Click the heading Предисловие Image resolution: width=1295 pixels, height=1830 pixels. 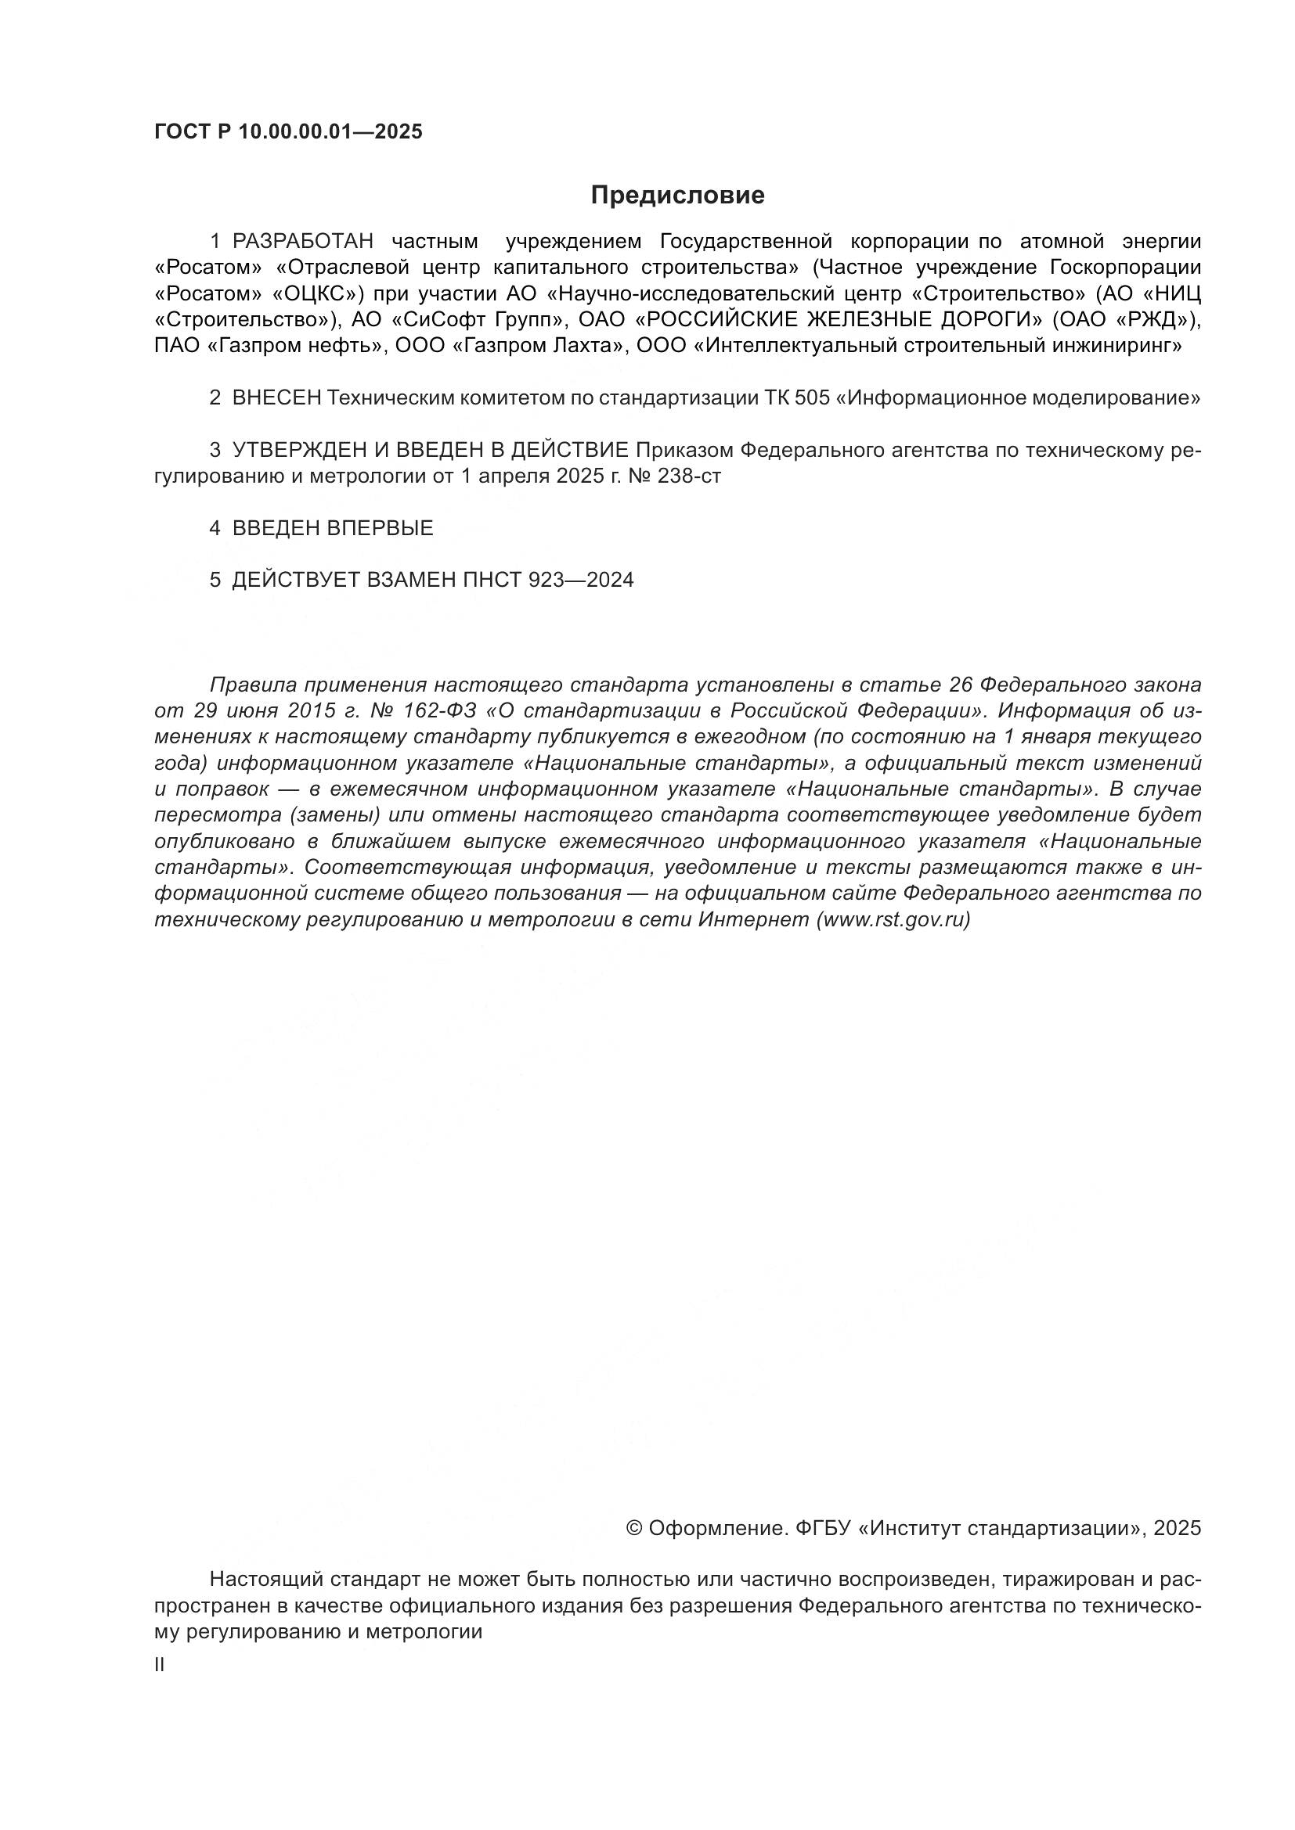[x=677, y=196]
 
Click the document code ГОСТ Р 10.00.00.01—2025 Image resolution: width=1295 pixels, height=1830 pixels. [x=288, y=132]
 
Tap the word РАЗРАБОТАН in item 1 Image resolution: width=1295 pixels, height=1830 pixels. [x=303, y=241]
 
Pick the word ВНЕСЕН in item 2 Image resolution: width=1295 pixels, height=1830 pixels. [x=276, y=397]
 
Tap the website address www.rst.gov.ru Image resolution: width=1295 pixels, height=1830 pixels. [x=893, y=920]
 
